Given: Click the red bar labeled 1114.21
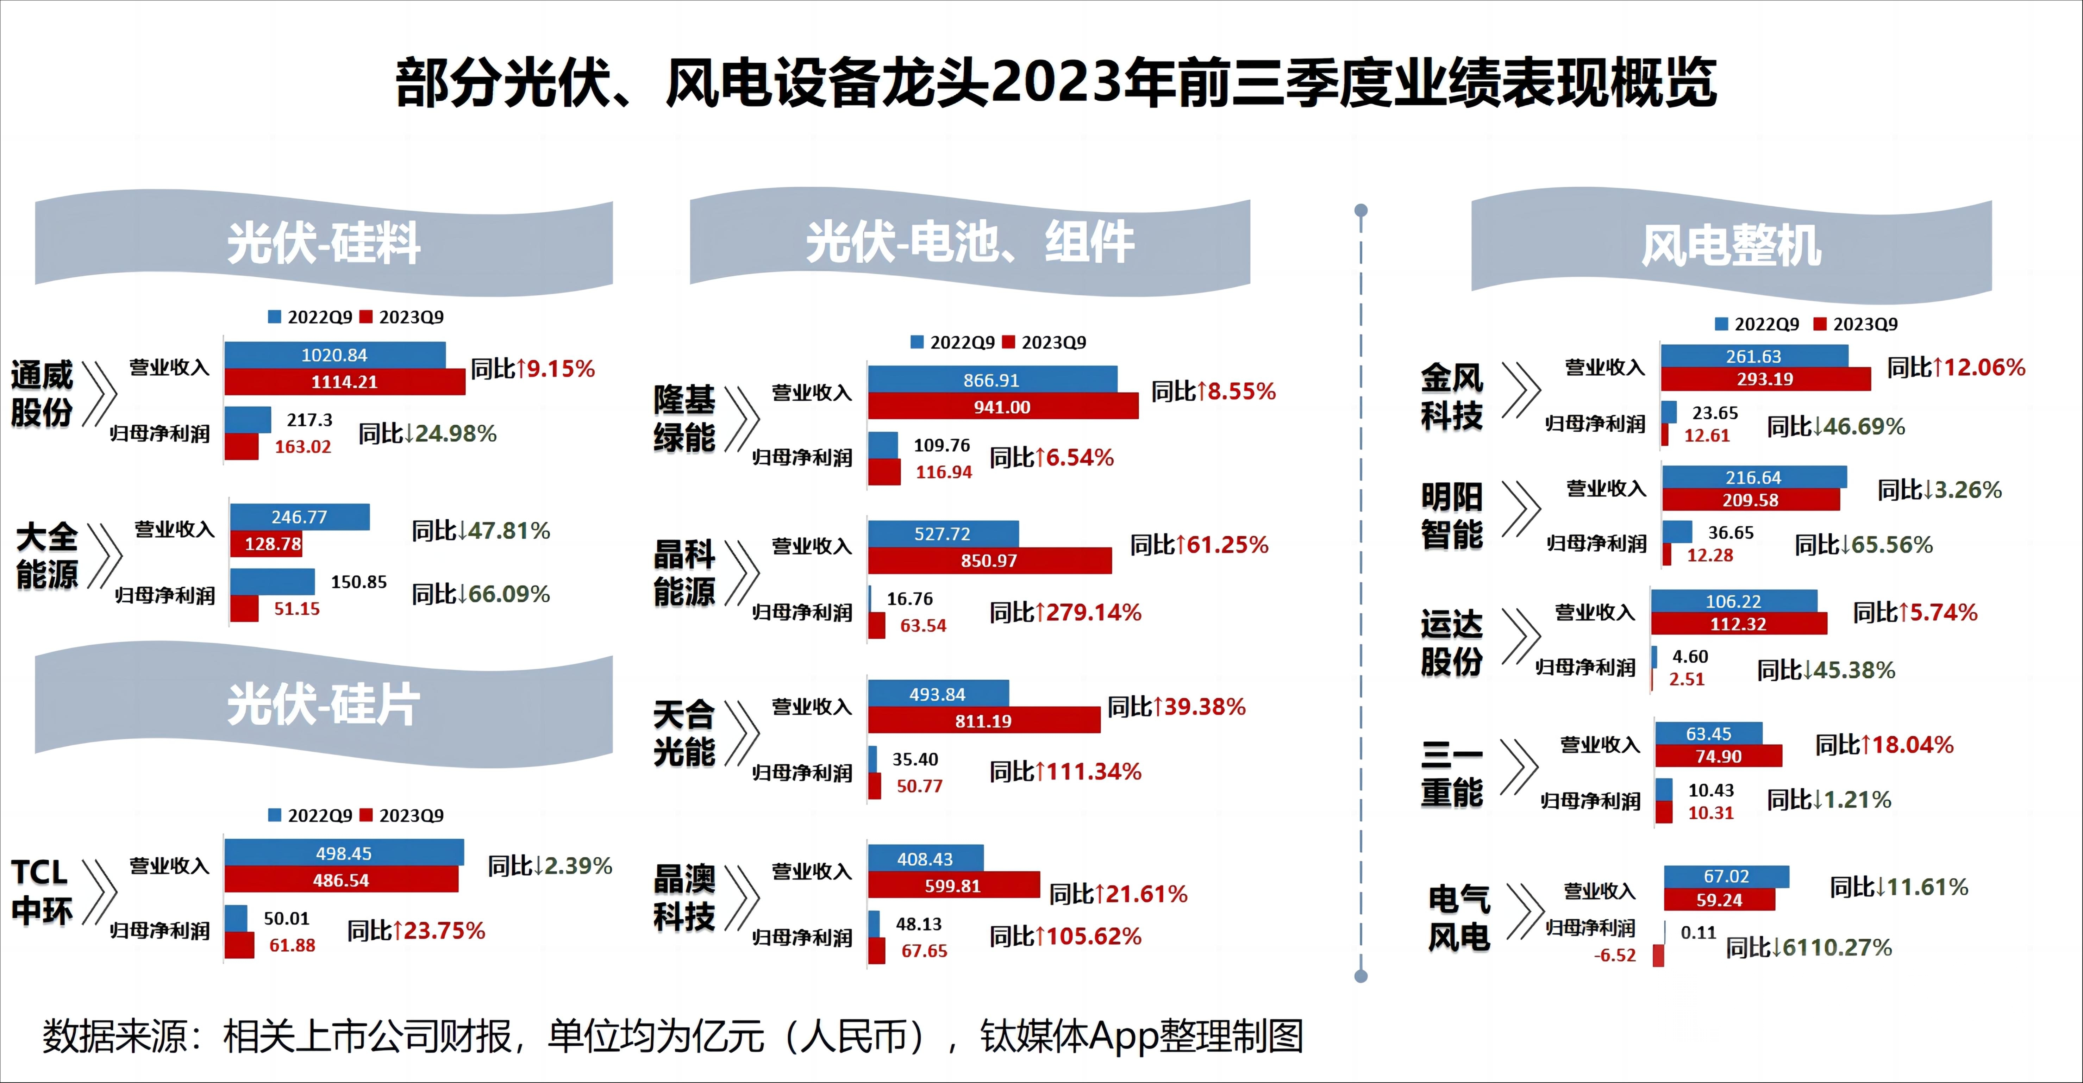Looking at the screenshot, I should [344, 382].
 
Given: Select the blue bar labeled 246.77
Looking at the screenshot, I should [299, 517].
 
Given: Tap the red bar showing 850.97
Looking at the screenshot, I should [989, 561].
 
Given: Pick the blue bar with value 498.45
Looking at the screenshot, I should [344, 853].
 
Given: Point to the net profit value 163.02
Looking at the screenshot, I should [302, 446].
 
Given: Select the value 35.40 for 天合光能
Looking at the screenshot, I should [914, 759].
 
